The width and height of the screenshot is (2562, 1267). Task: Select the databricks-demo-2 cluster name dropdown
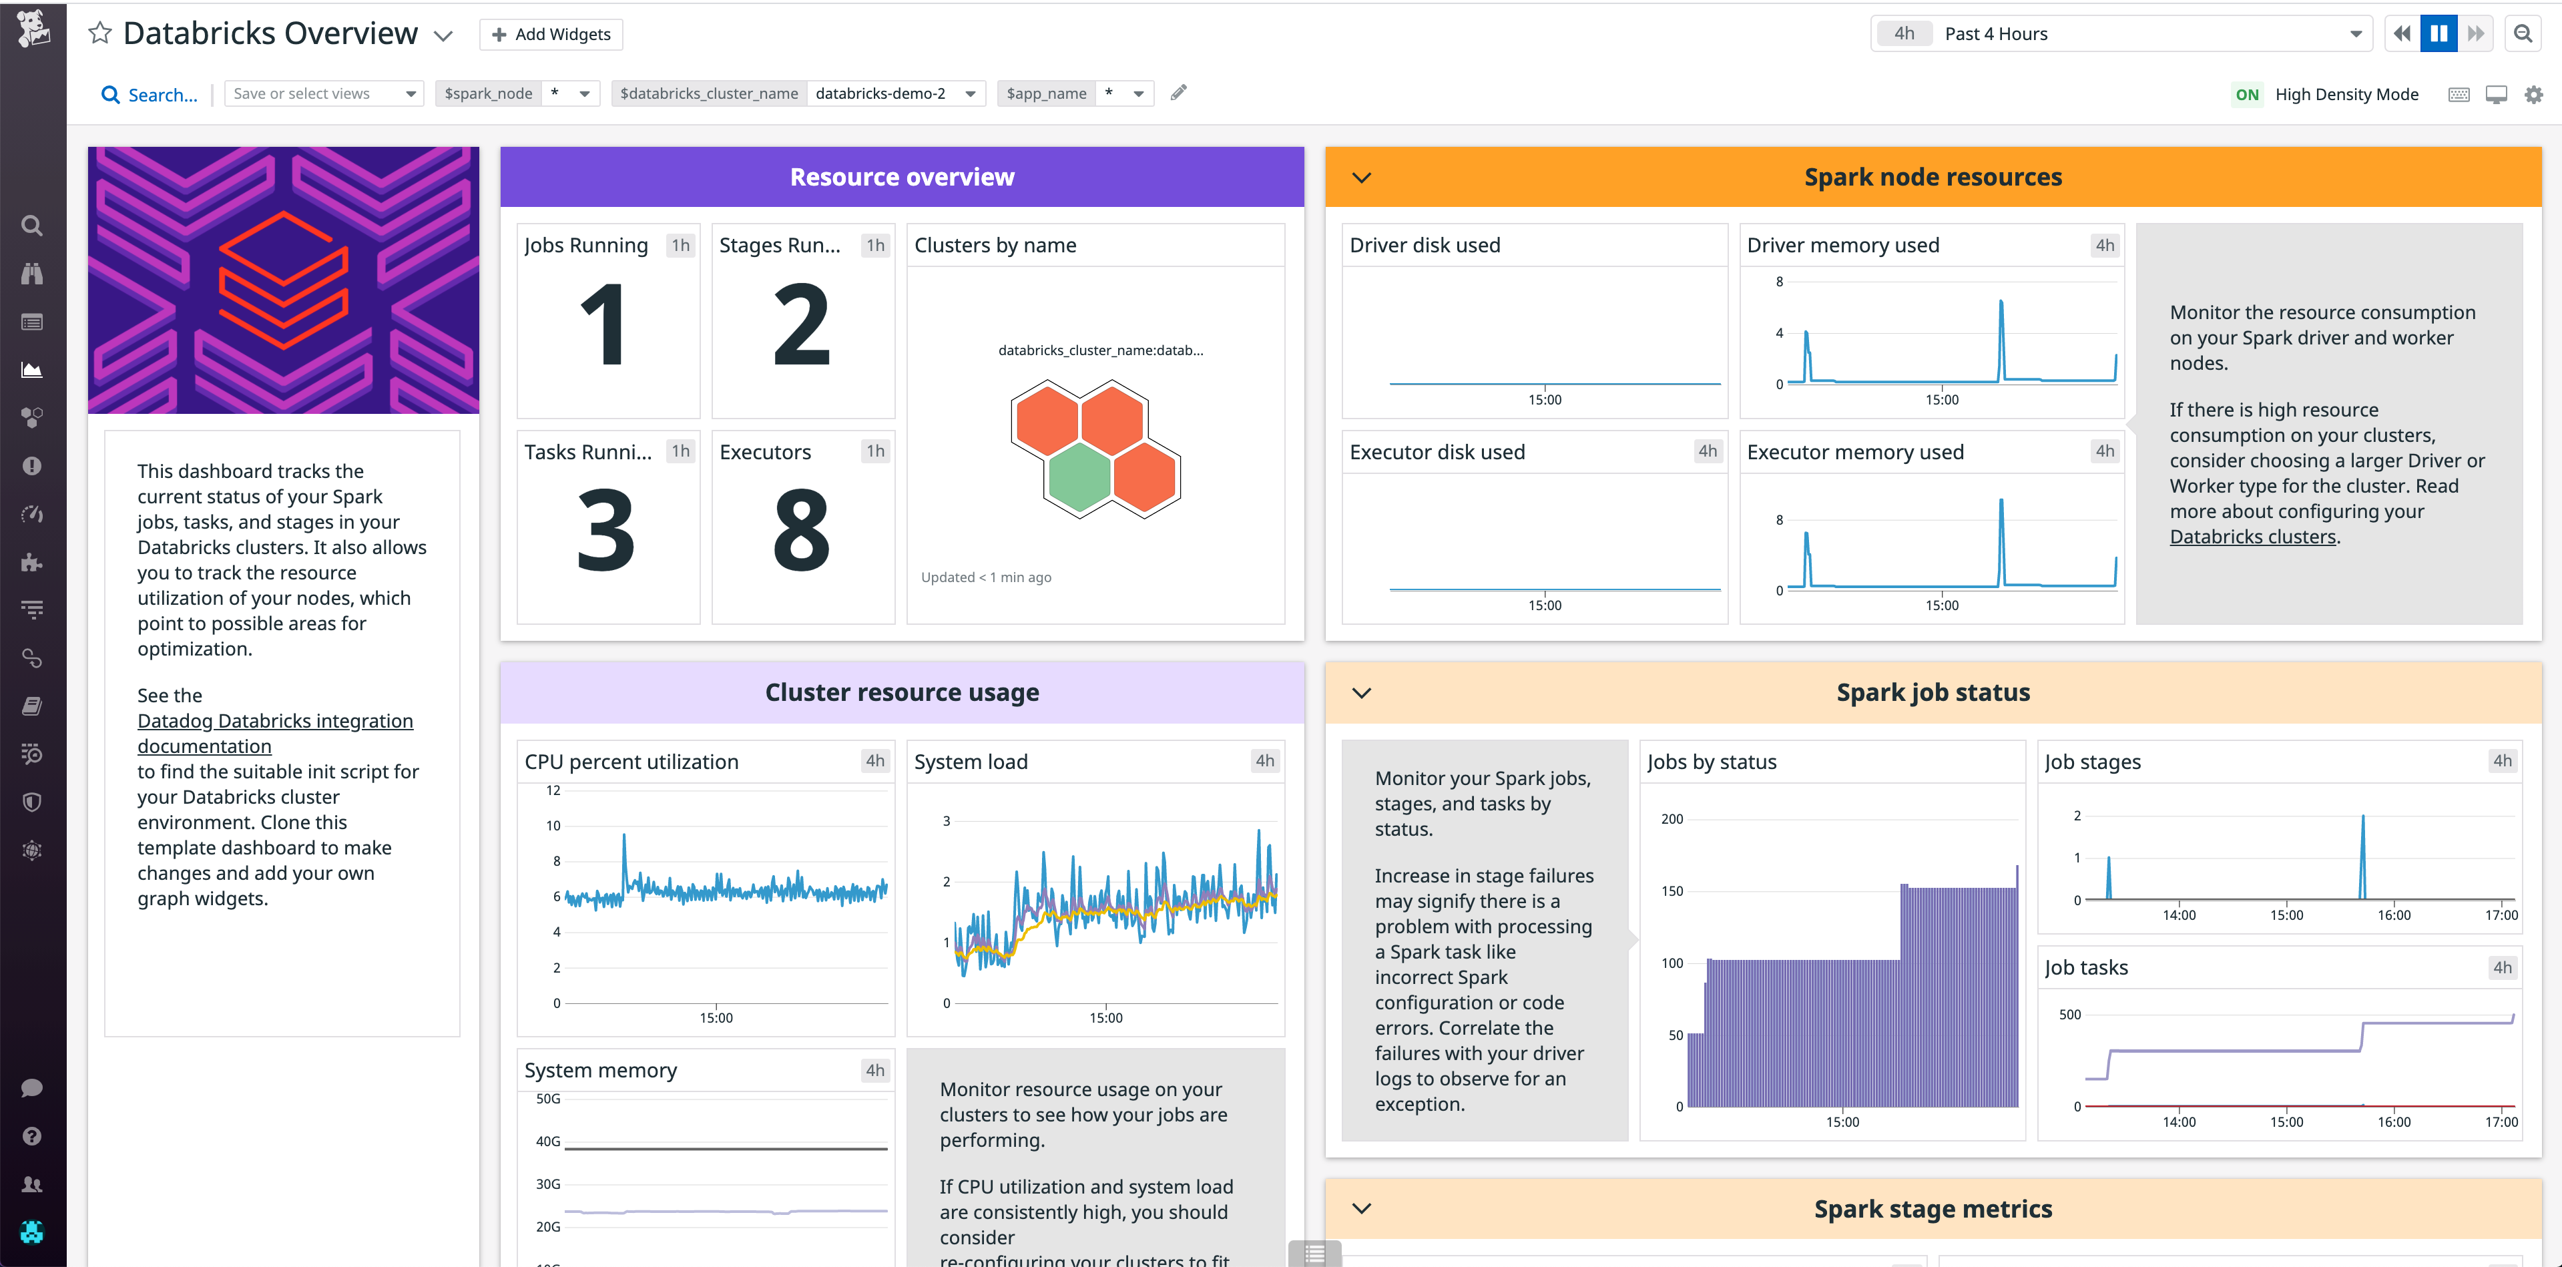(894, 93)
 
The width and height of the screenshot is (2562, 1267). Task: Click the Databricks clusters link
(2252, 537)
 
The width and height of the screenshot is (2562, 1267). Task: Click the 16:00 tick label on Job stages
(2393, 915)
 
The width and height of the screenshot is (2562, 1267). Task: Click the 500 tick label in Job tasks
(2069, 1015)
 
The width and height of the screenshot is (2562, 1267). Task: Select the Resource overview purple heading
(901, 177)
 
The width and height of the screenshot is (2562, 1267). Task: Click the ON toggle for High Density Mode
(2247, 95)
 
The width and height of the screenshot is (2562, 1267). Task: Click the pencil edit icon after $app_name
(1179, 93)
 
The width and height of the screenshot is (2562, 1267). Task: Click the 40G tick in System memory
(548, 1142)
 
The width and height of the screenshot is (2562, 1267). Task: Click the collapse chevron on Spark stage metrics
(1362, 1208)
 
